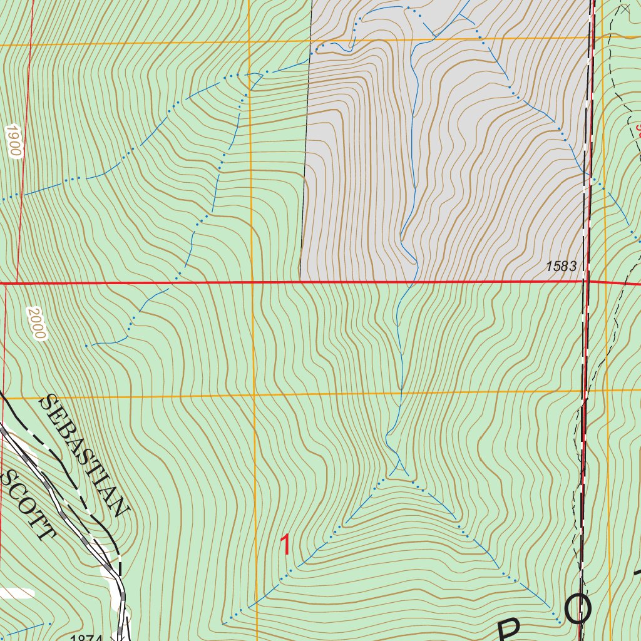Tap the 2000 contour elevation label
click(37, 323)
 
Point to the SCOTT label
click(28, 505)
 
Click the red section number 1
click(285, 545)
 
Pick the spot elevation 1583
click(561, 266)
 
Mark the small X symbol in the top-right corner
click(625, 9)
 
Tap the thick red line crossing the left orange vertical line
click(252, 283)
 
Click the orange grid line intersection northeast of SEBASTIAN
click(254, 396)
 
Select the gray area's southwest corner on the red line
click(300, 282)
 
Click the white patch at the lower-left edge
click(16, 592)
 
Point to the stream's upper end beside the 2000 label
click(86, 345)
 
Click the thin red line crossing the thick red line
click(16, 283)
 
